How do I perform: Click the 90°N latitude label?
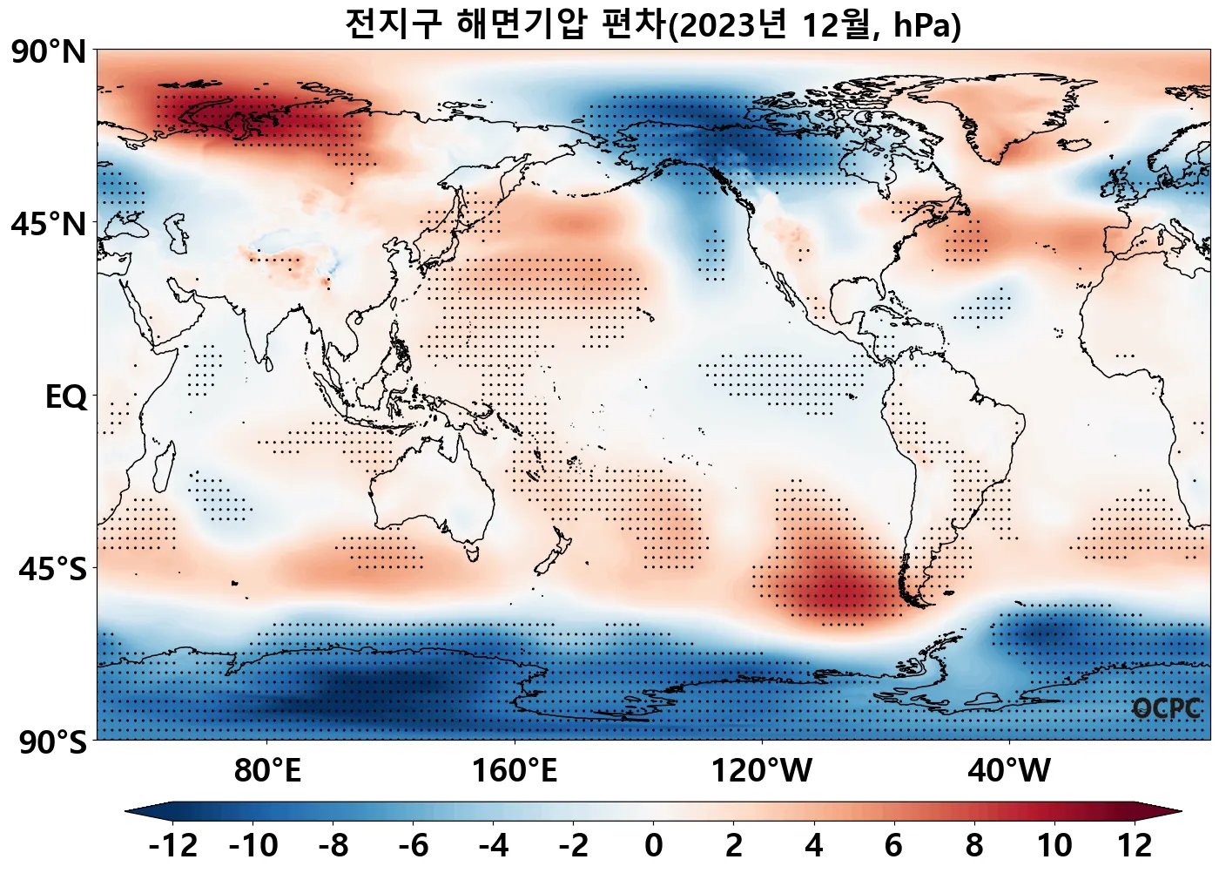click(49, 52)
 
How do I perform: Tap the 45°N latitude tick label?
click(49, 225)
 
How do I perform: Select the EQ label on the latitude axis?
click(66, 397)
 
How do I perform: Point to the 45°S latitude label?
click(52, 570)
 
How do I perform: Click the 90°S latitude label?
click(52, 742)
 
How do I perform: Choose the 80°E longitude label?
click(267, 771)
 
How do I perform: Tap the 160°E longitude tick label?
click(515, 771)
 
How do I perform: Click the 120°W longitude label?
click(762, 771)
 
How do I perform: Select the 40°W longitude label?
click(1009, 771)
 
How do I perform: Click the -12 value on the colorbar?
click(173, 846)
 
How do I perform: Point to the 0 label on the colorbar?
click(654, 846)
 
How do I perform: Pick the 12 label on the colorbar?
click(1135, 846)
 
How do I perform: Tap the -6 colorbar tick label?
click(414, 846)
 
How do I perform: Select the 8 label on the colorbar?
click(974, 846)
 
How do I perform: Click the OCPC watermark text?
click(1167, 709)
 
